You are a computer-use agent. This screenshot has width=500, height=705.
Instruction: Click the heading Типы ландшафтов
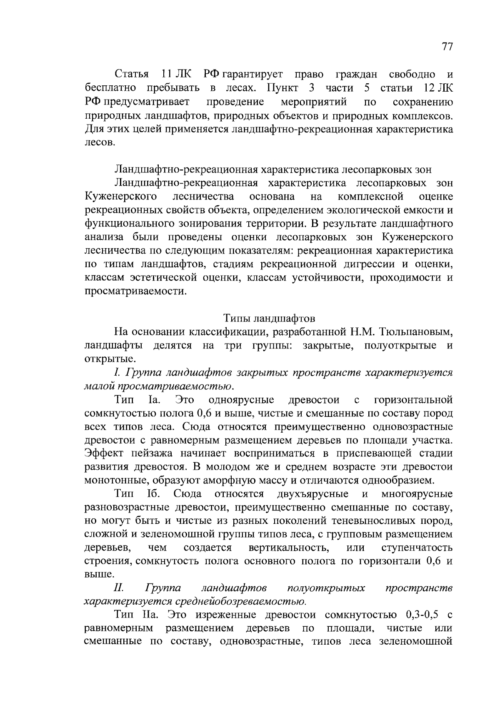(270, 319)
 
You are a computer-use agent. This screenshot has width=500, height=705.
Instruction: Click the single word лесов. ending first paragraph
(99, 142)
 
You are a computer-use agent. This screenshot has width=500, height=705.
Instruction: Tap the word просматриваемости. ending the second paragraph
(135, 291)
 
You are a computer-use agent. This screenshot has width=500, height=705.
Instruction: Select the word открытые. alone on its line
(110, 359)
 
